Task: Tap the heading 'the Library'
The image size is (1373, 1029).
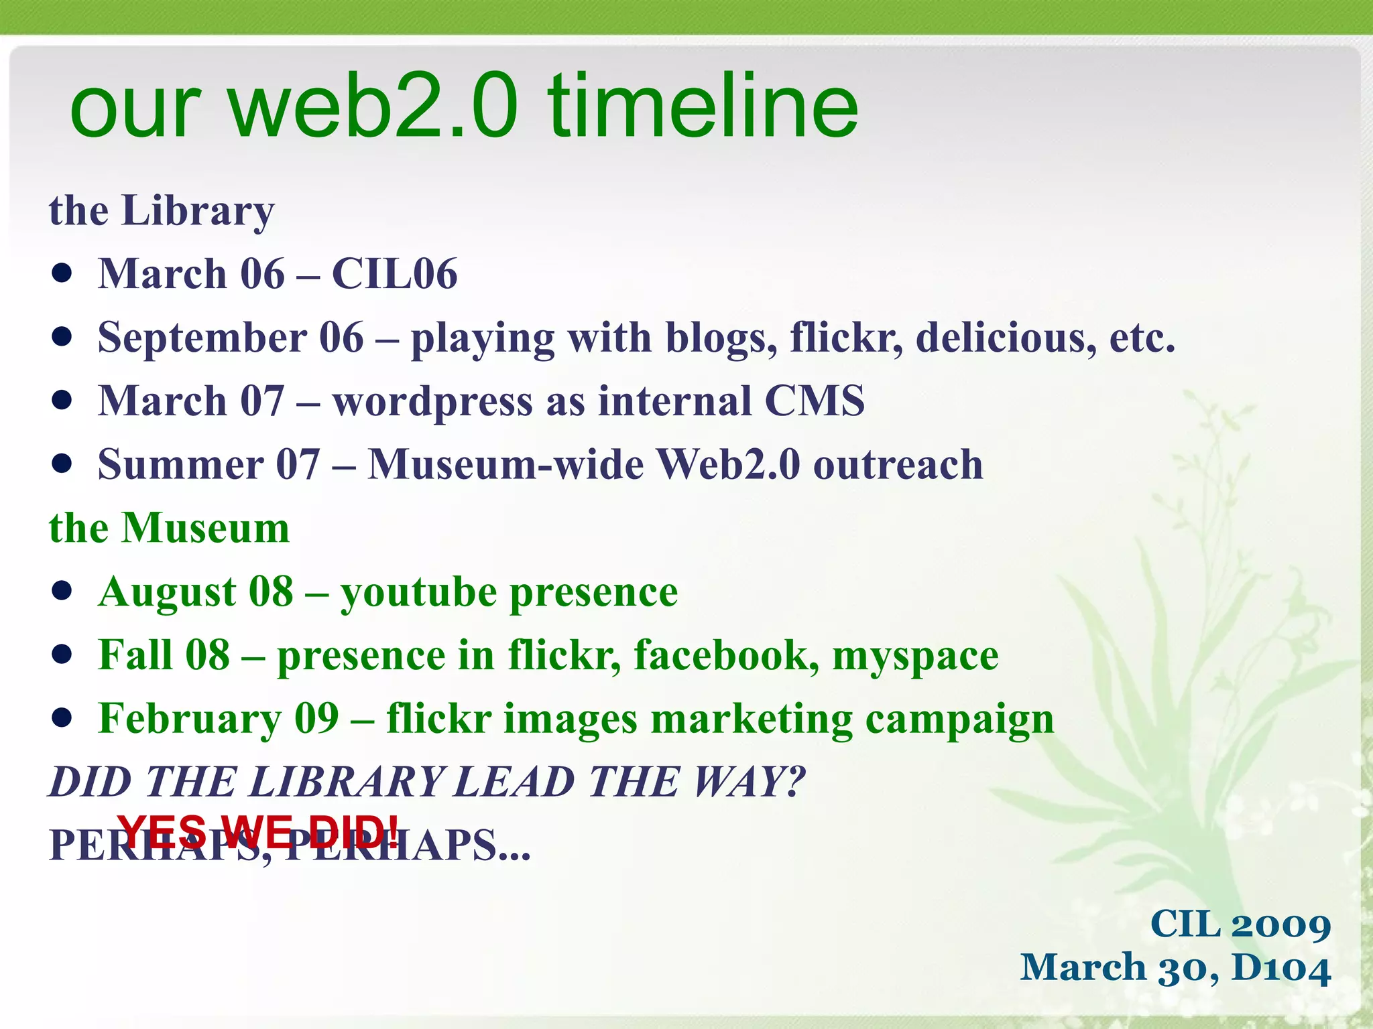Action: point(162,211)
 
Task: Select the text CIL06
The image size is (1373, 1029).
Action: point(394,274)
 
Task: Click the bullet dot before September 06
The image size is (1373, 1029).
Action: point(62,337)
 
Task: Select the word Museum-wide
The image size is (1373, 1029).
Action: point(505,464)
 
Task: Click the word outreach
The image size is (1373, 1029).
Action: point(898,464)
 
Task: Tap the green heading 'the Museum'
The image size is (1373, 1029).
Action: point(169,528)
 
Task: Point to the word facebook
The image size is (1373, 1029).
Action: point(726,655)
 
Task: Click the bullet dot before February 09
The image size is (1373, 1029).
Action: point(62,718)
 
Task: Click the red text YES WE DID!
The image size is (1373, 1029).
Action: point(258,831)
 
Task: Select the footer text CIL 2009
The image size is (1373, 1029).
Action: point(1240,924)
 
